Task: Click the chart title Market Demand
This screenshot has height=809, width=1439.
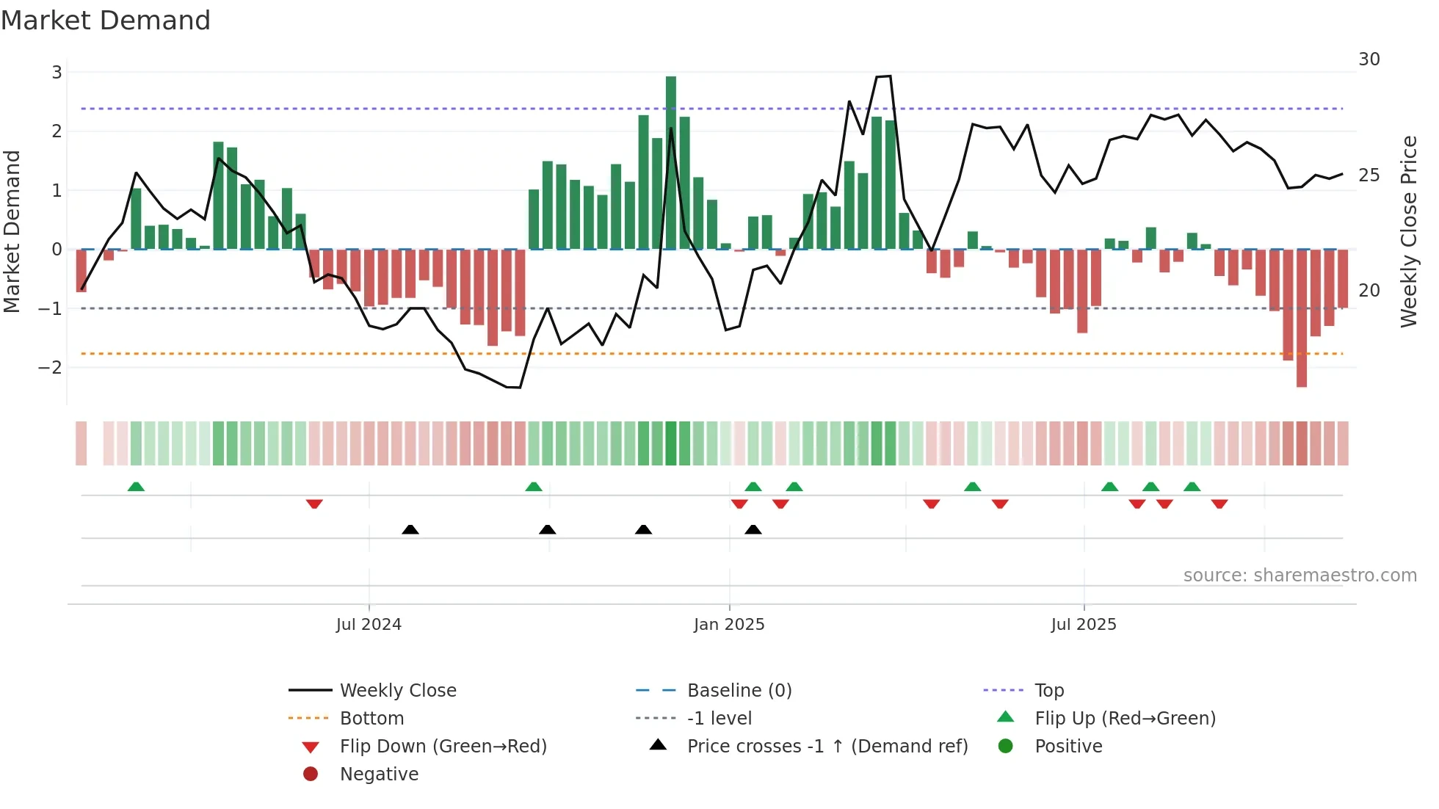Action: [106, 21]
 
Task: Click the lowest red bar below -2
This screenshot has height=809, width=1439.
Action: [1301, 317]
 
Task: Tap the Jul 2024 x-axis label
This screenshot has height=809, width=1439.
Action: [369, 625]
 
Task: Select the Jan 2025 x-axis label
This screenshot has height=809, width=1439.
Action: [729, 625]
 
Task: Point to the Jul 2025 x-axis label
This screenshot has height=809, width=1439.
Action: [1084, 625]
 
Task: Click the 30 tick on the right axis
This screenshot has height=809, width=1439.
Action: [1369, 59]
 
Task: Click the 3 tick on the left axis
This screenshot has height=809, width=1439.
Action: [57, 72]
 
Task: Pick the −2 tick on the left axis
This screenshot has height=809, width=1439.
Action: [51, 367]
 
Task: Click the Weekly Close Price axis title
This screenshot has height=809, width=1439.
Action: [1408, 231]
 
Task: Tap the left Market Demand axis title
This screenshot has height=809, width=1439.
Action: [12, 231]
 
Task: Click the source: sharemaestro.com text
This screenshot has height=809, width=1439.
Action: [1300, 576]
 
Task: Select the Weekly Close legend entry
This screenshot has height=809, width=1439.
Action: [397, 691]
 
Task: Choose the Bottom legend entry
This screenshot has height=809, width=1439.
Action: [371, 719]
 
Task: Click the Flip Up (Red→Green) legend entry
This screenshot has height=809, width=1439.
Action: [1125, 719]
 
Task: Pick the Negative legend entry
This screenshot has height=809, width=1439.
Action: [379, 774]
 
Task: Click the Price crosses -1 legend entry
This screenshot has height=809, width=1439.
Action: [827, 747]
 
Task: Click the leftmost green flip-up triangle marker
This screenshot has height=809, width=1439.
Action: [136, 487]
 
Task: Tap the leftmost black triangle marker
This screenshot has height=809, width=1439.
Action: [410, 530]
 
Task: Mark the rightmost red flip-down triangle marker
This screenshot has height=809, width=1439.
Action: [1219, 504]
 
